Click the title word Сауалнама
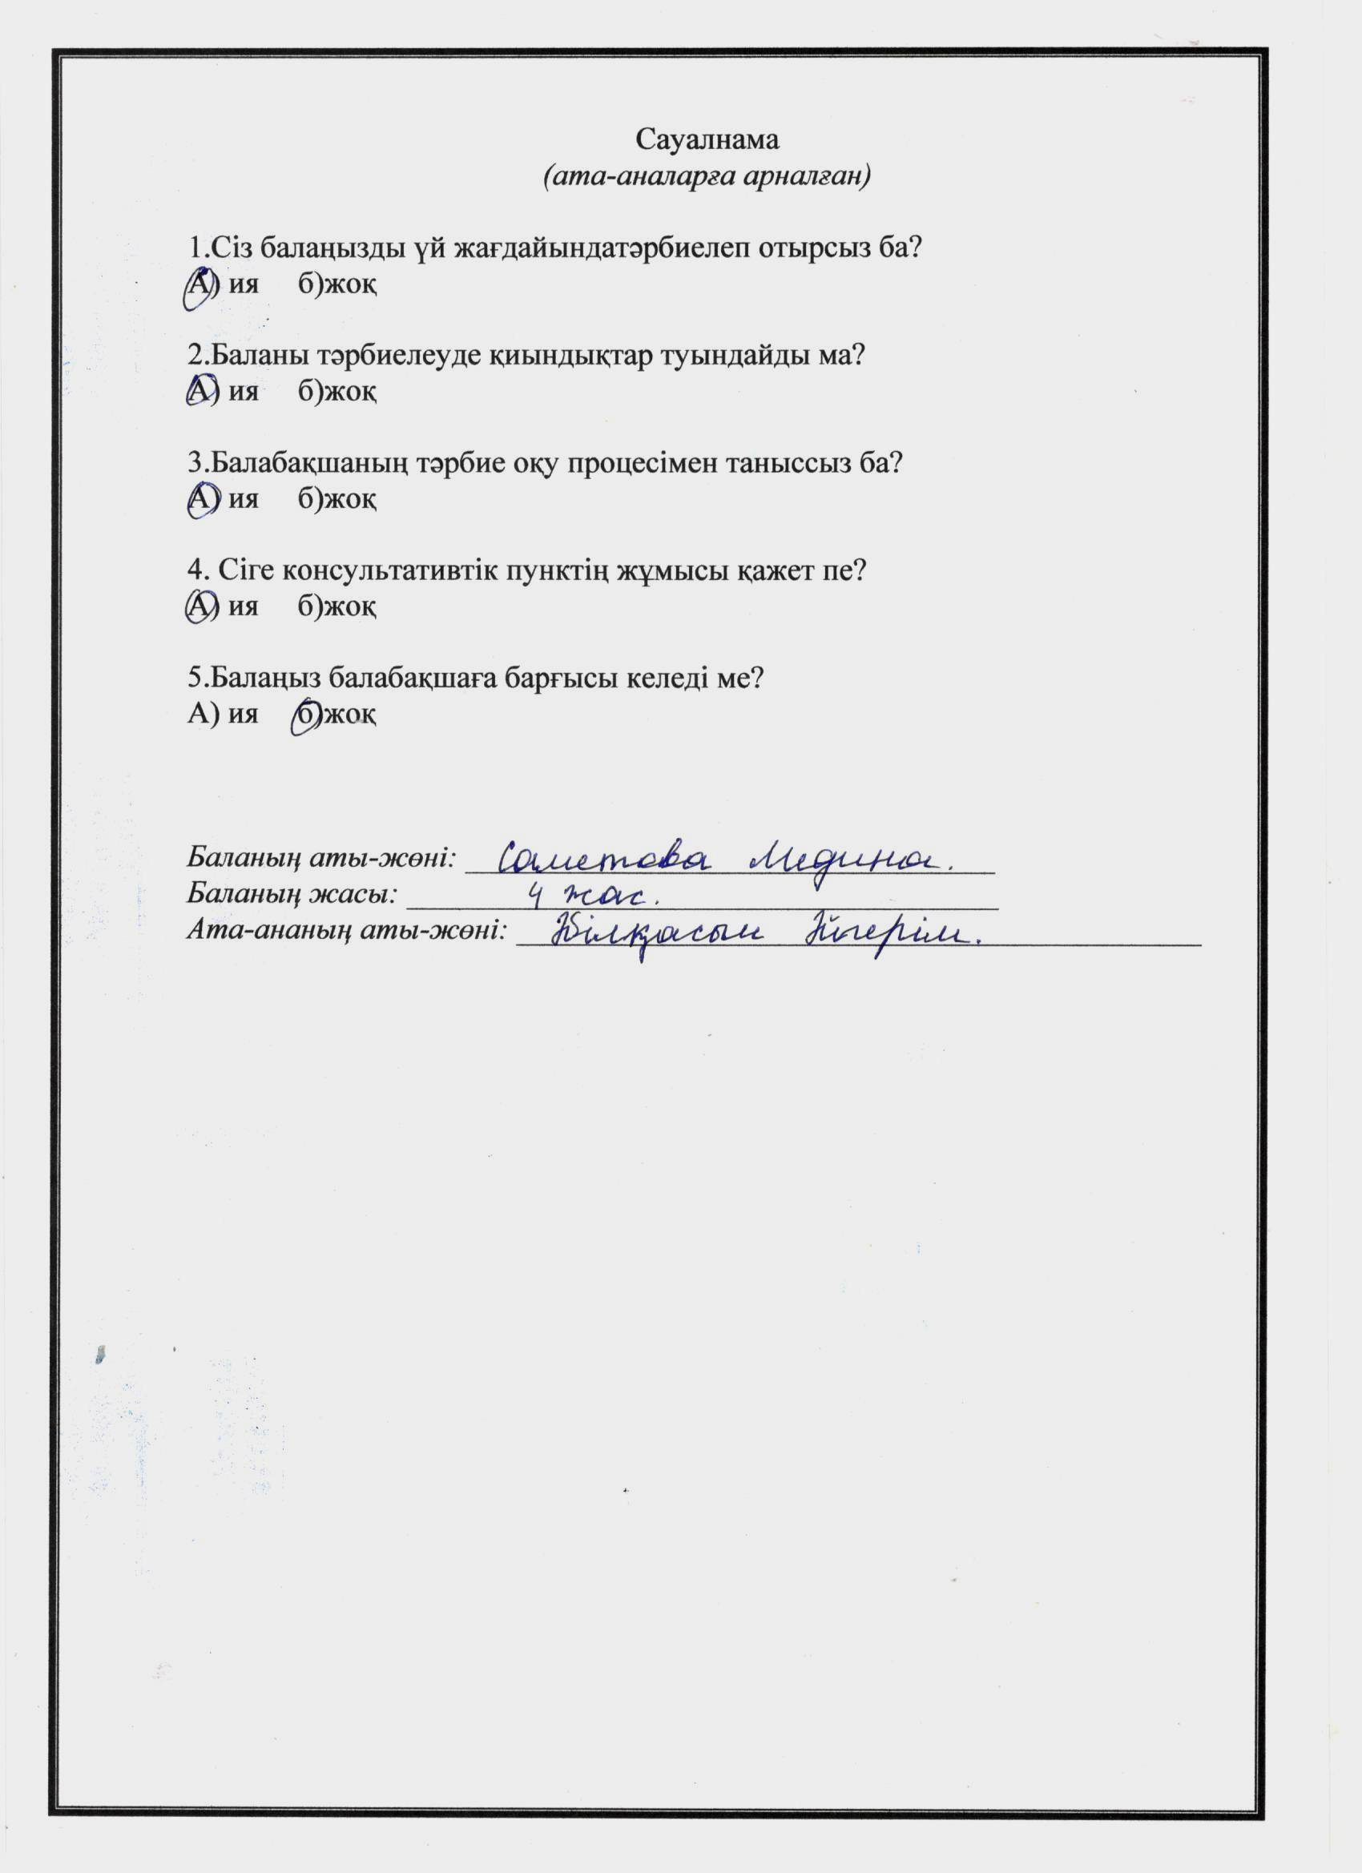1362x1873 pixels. (x=707, y=139)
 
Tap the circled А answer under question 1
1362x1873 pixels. (x=198, y=285)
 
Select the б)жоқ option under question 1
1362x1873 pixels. (x=338, y=285)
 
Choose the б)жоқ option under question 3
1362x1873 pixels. (x=338, y=499)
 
